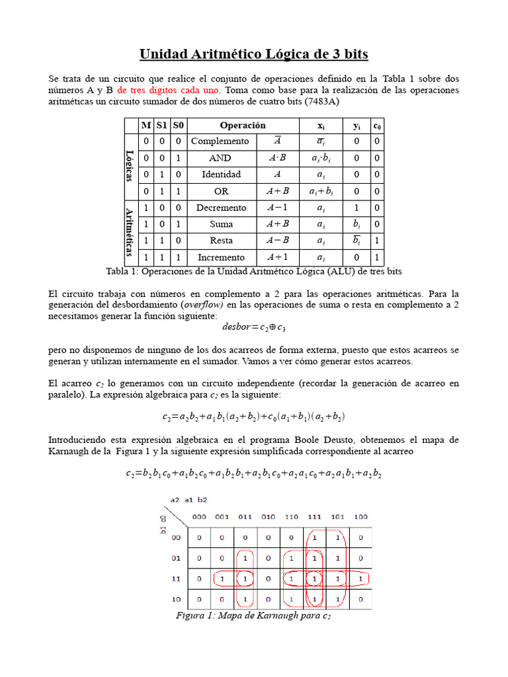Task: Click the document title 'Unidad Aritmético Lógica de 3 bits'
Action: point(253,54)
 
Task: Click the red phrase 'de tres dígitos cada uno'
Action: point(169,90)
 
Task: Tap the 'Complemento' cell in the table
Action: point(220,141)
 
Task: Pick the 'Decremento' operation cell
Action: point(220,208)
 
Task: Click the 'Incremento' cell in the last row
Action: point(220,257)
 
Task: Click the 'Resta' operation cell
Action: point(220,241)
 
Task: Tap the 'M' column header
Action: point(146,125)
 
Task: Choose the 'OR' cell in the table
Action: point(220,191)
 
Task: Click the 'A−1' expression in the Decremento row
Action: point(277,208)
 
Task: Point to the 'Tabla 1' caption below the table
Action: point(254,272)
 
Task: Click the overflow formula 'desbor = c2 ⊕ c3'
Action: point(253,327)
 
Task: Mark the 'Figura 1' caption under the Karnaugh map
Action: point(253,616)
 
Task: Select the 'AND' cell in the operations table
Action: point(220,158)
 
